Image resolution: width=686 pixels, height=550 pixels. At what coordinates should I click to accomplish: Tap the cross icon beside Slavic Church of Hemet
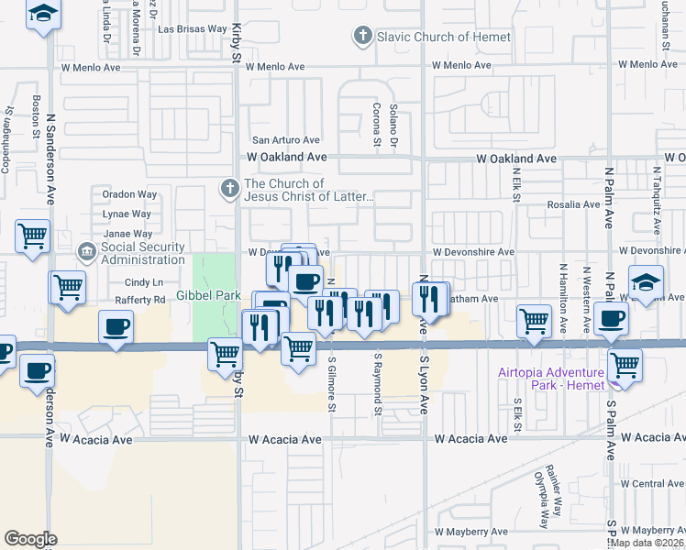362,37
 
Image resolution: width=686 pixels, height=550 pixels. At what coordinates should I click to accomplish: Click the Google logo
30,539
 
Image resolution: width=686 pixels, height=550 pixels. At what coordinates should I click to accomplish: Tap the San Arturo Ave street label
286,140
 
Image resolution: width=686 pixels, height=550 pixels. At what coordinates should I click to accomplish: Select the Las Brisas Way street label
193,29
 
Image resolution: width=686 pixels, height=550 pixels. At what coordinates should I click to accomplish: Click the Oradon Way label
129,194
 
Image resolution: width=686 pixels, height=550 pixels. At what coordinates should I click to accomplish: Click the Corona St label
376,125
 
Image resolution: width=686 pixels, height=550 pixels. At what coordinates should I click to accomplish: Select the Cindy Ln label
143,282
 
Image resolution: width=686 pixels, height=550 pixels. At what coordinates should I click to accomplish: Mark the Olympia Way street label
541,500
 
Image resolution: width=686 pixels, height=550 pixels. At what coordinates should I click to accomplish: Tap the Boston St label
37,116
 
